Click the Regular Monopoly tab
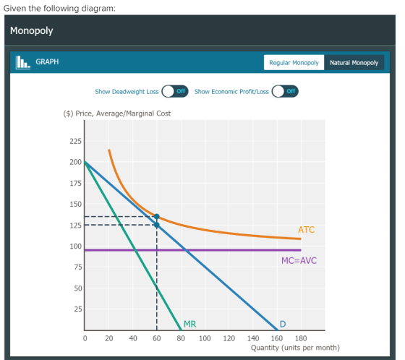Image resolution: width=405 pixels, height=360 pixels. (x=294, y=62)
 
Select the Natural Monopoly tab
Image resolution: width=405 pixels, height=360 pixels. (x=354, y=62)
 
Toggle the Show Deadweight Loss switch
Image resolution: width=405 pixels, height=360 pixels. (x=175, y=91)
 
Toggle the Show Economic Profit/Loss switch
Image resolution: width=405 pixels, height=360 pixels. (x=285, y=91)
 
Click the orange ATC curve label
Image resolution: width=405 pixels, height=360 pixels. (x=307, y=230)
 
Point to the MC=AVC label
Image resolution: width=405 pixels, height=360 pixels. (x=299, y=260)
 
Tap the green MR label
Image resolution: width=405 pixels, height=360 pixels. (x=189, y=324)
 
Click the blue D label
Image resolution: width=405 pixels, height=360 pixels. (x=283, y=324)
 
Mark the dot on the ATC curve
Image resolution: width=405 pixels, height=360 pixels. (x=156, y=216)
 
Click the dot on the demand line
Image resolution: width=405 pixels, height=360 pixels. (x=156, y=225)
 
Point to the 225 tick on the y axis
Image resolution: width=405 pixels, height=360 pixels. (x=75, y=141)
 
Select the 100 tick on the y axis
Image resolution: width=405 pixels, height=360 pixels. (x=75, y=247)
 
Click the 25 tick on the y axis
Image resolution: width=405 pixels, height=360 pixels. (x=78, y=309)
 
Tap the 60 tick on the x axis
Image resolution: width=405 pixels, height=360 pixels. (x=156, y=338)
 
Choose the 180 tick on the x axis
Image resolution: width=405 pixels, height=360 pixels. (x=301, y=338)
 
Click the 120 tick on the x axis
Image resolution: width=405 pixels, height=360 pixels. (x=229, y=338)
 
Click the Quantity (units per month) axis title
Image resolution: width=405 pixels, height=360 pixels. (x=295, y=348)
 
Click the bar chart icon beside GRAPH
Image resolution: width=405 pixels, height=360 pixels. (x=23, y=62)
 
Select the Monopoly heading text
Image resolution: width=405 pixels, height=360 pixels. (x=32, y=31)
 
